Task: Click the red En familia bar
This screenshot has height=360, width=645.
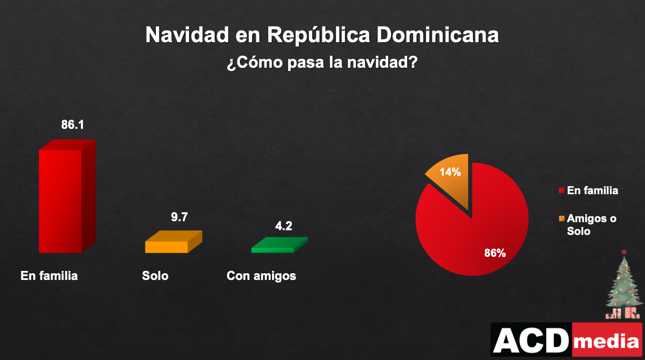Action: pos(61,201)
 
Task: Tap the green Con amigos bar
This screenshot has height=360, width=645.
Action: pos(273,249)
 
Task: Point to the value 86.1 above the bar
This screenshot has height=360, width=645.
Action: pos(73,125)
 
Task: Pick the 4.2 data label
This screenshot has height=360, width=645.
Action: pos(284,226)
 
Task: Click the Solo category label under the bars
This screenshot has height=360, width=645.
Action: pos(155,276)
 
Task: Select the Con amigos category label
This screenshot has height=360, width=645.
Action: pos(261,276)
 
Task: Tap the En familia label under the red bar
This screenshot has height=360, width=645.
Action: pos(49,276)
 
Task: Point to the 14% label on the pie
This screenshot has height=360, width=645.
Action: pos(450,172)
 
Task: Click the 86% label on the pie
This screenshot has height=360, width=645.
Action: pos(495,253)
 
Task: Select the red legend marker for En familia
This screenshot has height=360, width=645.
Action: pos(562,191)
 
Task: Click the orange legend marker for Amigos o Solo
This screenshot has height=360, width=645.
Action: pos(562,218)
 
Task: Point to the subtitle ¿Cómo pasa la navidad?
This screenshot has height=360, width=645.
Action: pos(322,63)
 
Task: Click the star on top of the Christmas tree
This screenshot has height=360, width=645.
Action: pos(624,251)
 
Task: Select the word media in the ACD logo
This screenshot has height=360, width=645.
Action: pos(607,341)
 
